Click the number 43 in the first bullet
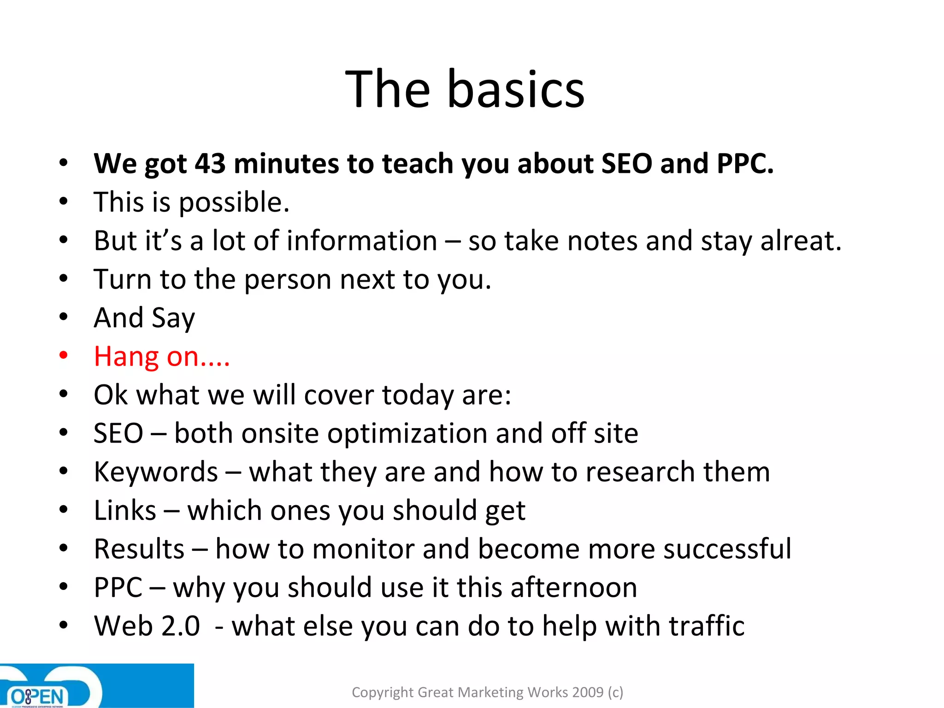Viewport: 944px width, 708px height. pos(210,164)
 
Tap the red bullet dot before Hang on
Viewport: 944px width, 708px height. pos(64,355)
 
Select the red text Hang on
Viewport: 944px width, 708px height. pos(161,357)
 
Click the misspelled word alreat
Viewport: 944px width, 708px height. pos(801,241)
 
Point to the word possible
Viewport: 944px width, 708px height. pos(234,203)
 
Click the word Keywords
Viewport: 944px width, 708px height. pos(156,472)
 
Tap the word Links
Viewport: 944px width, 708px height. pos(125,511)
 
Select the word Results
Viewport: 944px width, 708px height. pos(139,549)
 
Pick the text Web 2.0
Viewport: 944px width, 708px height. pos(147,626)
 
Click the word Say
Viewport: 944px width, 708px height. pos(173,318)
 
